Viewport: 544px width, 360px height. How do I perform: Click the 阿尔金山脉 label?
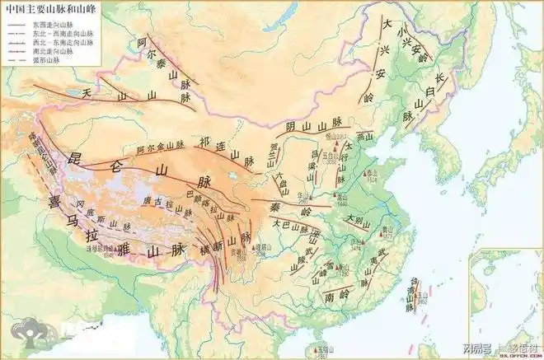[x=157, y=147]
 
